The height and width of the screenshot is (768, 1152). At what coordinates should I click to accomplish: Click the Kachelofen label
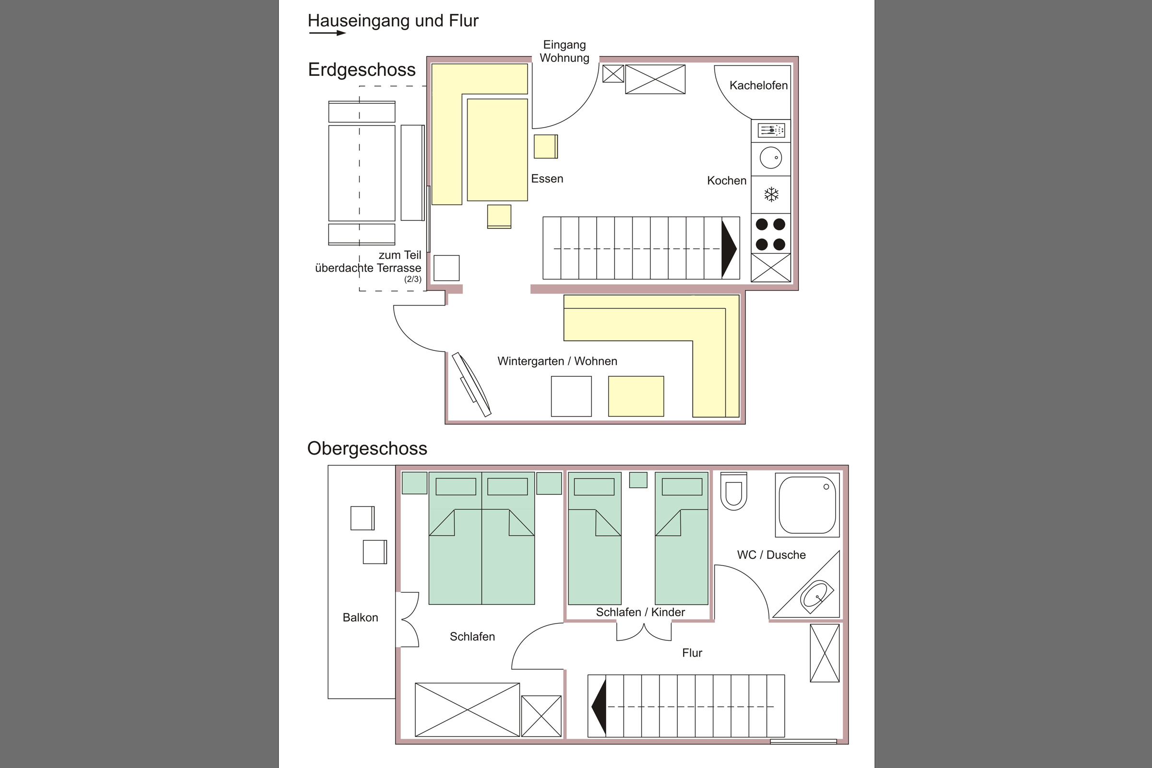(758, 85)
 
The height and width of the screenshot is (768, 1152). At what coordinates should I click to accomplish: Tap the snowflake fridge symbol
(771, 194)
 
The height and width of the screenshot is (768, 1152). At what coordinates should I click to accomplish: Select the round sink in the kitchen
(771, 158)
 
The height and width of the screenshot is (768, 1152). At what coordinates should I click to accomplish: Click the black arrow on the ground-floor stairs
(729, 249)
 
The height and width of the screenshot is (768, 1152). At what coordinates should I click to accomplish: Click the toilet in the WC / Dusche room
(733, 491)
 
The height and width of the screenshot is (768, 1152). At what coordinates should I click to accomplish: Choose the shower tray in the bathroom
(807, 505)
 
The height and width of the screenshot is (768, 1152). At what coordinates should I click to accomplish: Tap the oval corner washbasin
(817, 597)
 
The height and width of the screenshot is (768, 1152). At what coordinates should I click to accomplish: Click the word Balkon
(360, 618)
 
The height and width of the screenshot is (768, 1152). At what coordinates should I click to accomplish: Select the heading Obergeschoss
(367, 449)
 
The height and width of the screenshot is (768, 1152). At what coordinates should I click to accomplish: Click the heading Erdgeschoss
(361, 70)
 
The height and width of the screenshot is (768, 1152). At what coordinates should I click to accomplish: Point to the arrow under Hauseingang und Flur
(328, 33)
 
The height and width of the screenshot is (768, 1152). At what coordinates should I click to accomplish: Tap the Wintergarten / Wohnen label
(557, 361)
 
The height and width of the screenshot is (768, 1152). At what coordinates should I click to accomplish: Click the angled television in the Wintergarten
(471, 384)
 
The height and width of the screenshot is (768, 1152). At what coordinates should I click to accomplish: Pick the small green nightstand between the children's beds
(638, 480)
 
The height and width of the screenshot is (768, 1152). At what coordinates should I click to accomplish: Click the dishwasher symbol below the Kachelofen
(771, 130)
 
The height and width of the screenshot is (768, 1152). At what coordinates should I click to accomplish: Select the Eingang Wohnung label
(564, 51)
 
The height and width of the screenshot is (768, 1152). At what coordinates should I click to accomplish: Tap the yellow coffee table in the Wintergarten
(636, 396)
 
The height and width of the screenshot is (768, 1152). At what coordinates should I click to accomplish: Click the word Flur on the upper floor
(692, 653)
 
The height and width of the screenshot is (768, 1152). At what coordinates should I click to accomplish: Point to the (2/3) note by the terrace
(412, 279)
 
